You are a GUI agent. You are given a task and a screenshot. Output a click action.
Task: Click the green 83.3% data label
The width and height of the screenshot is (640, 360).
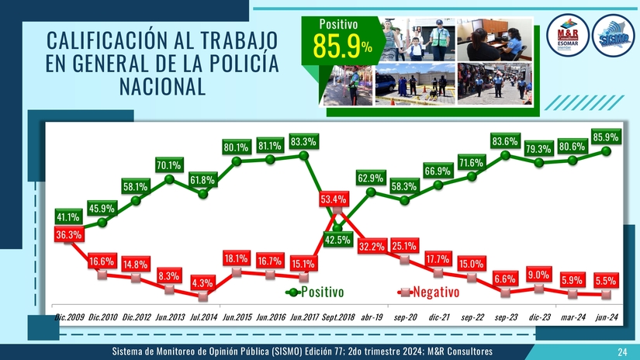pyautogui.click(x=303, y=143)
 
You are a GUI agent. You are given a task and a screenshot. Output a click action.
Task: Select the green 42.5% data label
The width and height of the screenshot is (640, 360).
pyautogui.click(x=337, y=239)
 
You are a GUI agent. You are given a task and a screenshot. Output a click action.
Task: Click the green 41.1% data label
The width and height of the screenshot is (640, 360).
pyautogui.click(x=68, y=216)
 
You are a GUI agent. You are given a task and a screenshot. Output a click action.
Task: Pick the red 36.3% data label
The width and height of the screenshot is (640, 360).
pyautogui.click(x=68, y=234)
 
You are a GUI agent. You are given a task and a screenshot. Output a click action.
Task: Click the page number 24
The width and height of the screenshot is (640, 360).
pyautogui.click(x=622, y=353)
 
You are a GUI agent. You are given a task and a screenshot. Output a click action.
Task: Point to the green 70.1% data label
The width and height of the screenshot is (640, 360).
pyautogui.click(x=168, y=164)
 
